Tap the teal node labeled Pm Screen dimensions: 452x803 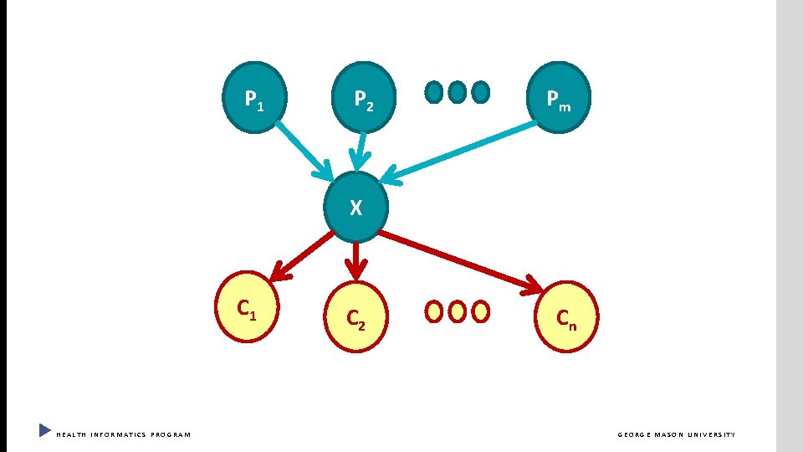[560, 100]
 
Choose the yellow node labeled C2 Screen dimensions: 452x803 [355, 316]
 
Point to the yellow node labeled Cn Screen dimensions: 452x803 [566, 316]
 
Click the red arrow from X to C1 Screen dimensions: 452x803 [304, 254]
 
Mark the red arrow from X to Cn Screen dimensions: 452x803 [460, 261]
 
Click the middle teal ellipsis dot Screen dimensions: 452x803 [457, 92]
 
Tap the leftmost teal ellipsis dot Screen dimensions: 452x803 [434, 92]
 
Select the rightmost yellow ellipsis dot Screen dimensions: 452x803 [480, 311]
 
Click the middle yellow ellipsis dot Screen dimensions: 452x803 [457, 311]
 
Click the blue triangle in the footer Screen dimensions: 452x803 [44, 431]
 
